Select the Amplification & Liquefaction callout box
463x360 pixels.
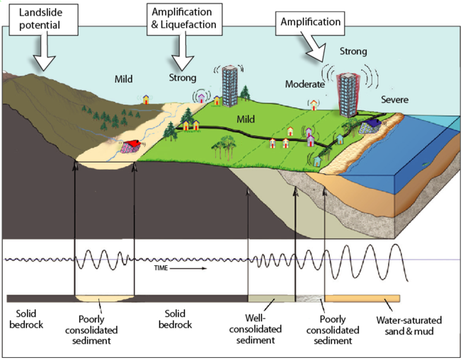(183, 19)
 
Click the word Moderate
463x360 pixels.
(305, 84)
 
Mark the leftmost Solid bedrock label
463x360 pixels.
(26, 319)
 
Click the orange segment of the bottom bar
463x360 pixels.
(362, 299)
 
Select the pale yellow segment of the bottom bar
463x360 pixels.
(104, 299)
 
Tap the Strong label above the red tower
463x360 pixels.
(353, 52)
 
